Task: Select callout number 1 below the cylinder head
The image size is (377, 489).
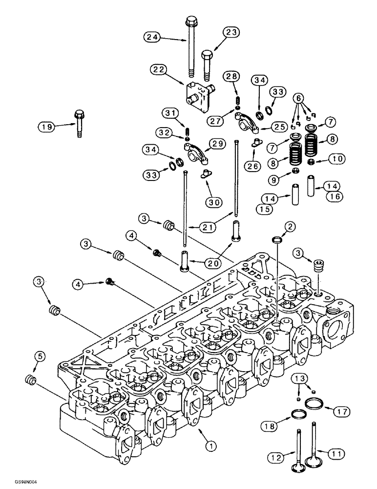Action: pyautogui.click(x=210, y=445)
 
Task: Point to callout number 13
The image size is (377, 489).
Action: pyautogui.click(x=302, y=379)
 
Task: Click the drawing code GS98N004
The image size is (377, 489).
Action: pyautogui.click(x=18, y=483)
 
